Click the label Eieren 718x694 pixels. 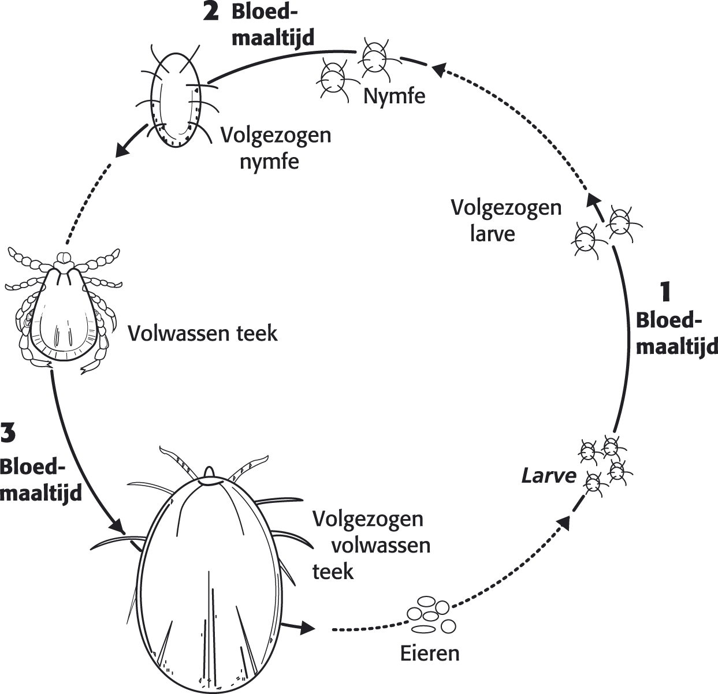(x=430, y=653)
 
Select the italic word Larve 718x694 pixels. (x=549, y=475)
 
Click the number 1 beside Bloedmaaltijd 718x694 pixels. (x=666, y=292)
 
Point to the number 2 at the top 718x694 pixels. (x=211, y=12)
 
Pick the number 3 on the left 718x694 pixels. (x=8, y=433)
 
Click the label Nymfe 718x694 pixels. (x=394, y=95)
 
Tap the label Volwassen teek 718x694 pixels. (x=202, y=333)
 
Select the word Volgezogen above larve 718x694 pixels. (x=506, y=207)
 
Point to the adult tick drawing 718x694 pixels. (x=64, y=312)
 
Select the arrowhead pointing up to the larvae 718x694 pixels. (x=564, y=523)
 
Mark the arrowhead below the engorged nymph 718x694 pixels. (x=122, y=150)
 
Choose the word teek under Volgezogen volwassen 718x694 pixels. (x=333, y=571)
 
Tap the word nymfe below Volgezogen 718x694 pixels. (x=269, y=161)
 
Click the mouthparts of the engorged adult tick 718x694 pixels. (x=209, y=472)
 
